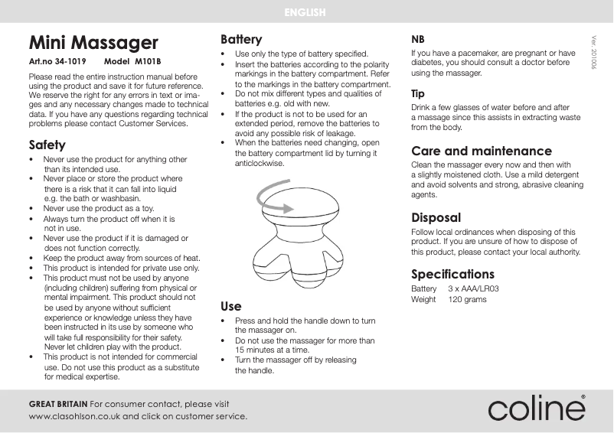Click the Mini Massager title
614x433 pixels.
tap(93, 42)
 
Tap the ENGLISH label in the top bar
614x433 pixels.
tap(305, 12)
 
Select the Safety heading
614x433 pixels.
tap(47, 145)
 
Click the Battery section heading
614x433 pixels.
tap(241, 39)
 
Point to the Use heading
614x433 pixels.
tap(231, 307)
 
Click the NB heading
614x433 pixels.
tap(419, 39)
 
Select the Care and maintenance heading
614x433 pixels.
tap(481, 151)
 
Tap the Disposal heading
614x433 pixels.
tap(436, 217)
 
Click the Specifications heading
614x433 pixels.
tap(452, 274)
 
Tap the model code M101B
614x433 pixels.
tap(149, 60)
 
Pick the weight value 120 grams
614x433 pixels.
tap(467, 299)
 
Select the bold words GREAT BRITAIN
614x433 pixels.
tap(58, 403)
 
